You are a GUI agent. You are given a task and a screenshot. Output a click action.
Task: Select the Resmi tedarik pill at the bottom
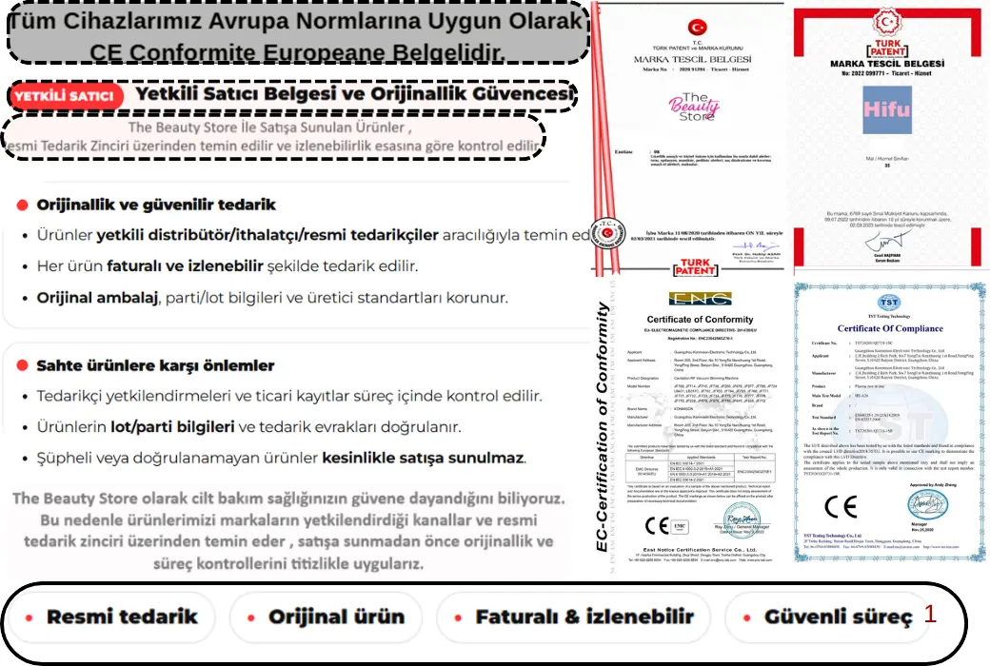(112, 617)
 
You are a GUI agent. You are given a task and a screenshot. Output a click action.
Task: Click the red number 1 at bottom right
(930, 614)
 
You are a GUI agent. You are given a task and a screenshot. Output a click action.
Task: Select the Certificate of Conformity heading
(699, 319)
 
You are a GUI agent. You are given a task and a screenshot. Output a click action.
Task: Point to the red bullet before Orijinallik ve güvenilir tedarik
(22, 205)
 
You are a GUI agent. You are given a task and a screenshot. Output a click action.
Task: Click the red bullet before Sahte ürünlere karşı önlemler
(22, 365)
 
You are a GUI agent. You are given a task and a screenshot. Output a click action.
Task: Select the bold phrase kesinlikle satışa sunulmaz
(424, 459)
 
